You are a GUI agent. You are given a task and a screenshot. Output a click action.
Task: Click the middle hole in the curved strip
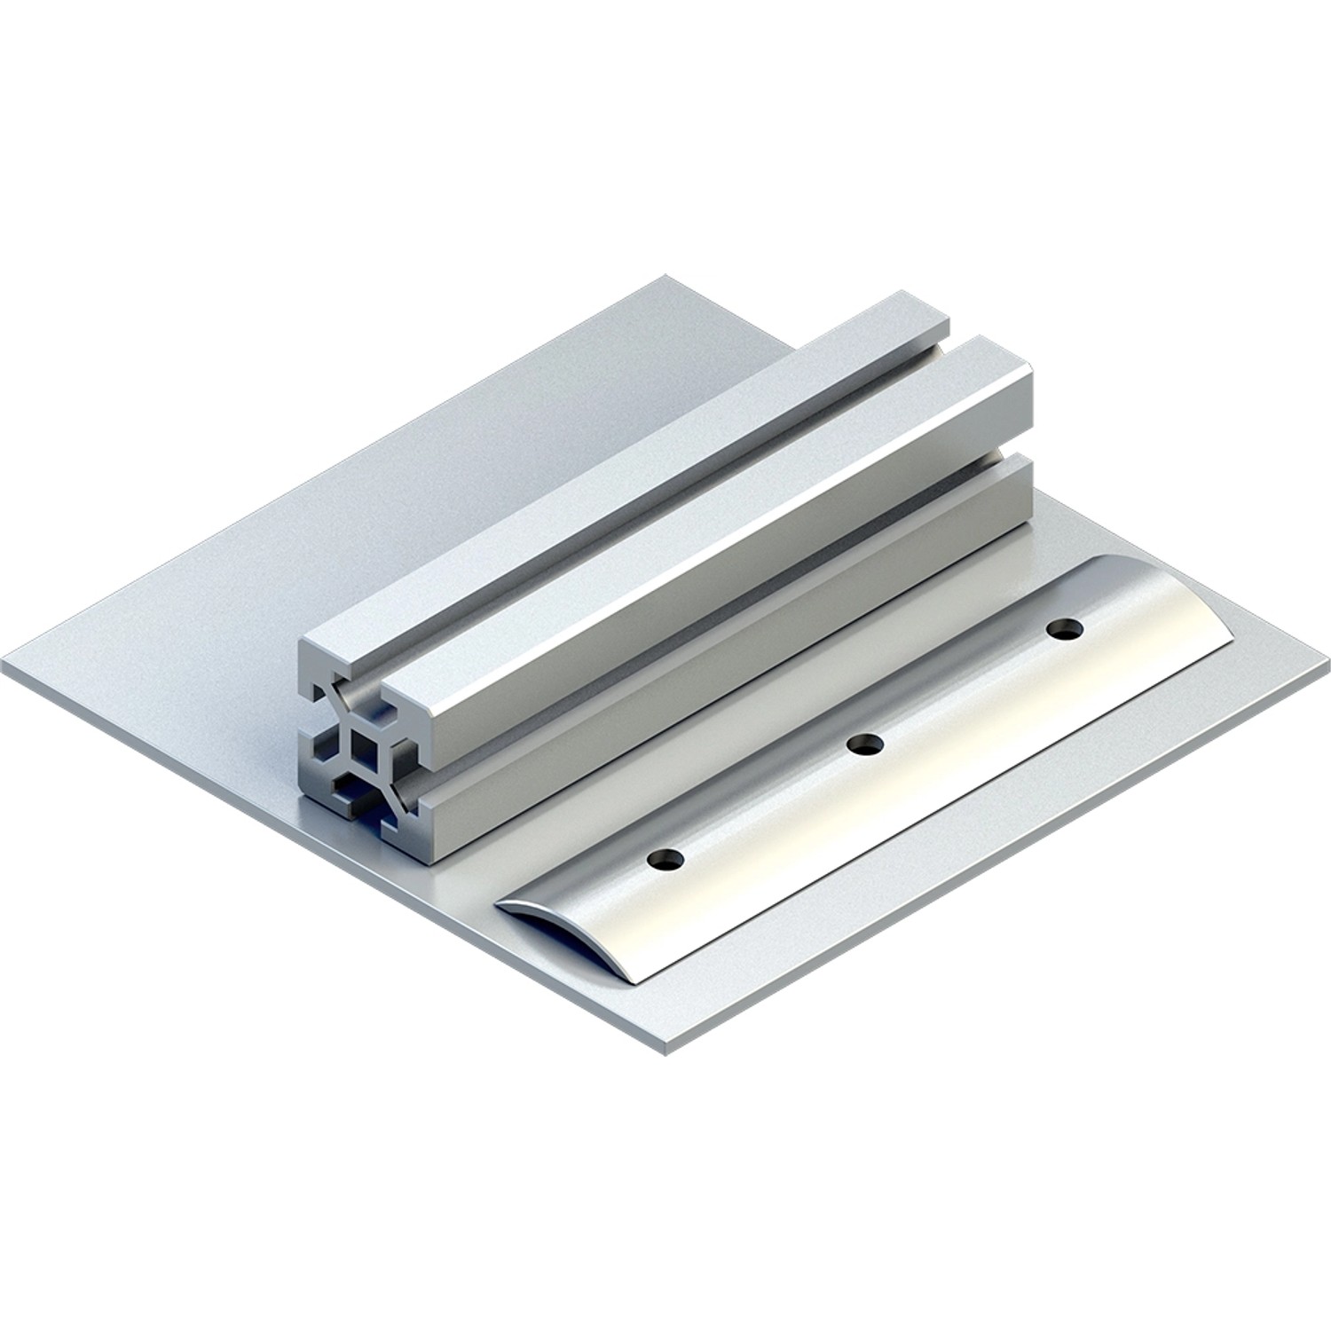(x=865, y=744)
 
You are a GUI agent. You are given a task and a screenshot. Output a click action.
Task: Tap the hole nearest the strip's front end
(x=666, y=859)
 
